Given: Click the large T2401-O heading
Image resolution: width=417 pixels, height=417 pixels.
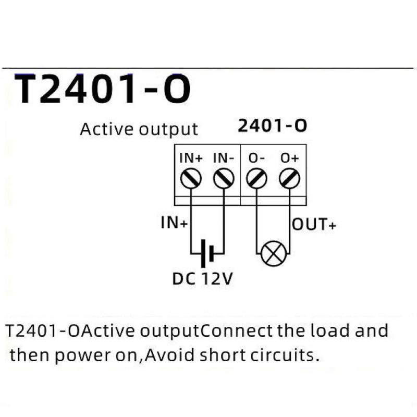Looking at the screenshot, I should coord(102,89).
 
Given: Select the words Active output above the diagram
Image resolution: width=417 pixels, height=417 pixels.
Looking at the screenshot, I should coord(139,129).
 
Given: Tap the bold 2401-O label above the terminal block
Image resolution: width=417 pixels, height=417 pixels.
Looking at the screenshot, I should coord(272,126).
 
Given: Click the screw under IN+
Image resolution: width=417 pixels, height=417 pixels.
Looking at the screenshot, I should coord(191,179).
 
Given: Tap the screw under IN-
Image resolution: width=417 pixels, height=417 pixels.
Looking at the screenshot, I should coord(224,179).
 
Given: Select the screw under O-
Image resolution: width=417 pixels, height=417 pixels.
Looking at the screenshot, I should coord(257,179).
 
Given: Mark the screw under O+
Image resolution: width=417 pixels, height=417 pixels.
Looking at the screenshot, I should coord(289,179).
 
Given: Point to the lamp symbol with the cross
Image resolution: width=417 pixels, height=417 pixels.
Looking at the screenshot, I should coord(274,254).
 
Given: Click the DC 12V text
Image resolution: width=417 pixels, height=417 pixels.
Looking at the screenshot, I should coord(203,279).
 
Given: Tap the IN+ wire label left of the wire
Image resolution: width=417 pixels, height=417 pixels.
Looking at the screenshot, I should coord(174,223).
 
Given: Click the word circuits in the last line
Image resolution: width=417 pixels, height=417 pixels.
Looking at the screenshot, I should coord(284,355).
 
